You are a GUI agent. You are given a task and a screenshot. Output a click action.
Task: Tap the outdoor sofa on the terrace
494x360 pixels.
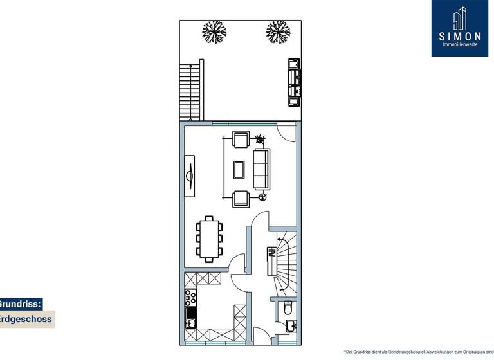294,82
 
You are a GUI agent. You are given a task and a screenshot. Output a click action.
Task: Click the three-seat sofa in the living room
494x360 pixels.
261,168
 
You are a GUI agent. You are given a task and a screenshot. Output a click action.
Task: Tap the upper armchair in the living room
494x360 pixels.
241,141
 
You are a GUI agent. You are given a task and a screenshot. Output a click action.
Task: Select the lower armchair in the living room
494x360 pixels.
241,199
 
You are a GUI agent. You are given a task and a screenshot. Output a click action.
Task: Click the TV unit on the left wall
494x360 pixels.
190,175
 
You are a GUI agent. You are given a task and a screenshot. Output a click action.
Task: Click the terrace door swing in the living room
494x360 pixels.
286,132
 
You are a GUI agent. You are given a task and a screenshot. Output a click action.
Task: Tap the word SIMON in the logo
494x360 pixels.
459,37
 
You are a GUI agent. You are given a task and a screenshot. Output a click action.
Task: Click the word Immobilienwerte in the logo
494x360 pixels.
459,44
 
